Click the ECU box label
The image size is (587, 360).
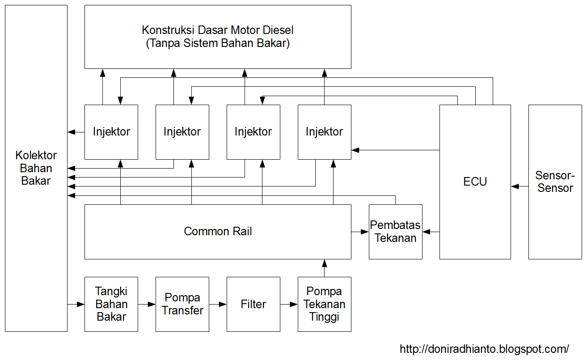point(475,182)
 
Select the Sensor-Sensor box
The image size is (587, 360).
point(555,182)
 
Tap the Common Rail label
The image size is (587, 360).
point(218,231)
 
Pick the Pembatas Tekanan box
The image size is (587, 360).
point(395,232)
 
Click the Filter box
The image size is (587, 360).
point(253,304)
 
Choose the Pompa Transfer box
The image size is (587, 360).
point(182,304)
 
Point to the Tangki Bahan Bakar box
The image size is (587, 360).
point(111,304)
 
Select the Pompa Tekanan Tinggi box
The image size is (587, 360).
point(324,304)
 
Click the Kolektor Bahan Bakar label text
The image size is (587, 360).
point(36,168)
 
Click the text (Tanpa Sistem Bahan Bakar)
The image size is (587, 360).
point(218,43)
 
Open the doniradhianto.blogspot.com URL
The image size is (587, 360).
point(484,349)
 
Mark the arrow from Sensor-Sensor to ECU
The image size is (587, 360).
point(519,186)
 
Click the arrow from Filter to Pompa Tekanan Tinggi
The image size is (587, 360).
point(289,305)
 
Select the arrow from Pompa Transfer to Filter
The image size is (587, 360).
point(218,305)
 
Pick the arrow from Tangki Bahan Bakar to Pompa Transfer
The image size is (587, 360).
point(147,305)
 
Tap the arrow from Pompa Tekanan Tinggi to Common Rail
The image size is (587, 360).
point(325,268)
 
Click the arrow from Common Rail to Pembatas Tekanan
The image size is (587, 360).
point(360,232)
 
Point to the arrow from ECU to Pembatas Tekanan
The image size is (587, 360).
point(431,232)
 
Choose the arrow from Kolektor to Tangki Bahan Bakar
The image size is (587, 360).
point(76,305)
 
